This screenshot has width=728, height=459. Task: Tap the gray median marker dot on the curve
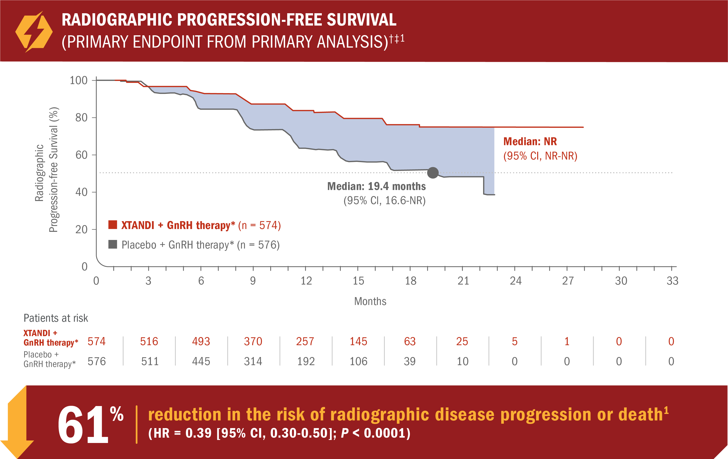tap(433, 173)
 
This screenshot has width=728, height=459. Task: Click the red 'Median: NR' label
tap(530, 141)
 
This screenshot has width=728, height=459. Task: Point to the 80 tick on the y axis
tap(81, 118)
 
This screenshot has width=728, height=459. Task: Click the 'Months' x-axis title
tap(370, 301)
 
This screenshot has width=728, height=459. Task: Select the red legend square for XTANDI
tap(113, 225)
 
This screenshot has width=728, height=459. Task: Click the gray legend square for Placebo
tap(113, 244)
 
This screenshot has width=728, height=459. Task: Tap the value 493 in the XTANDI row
tap(201, 341)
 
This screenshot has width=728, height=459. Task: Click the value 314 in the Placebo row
tap(253, 361)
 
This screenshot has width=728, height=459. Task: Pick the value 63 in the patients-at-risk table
tap(410, 341)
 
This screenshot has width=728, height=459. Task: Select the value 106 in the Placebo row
tap(358, 361)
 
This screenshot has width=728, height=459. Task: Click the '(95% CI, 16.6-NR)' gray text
tap(384, 201)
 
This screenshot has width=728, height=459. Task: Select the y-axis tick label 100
tap(79, 80)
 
